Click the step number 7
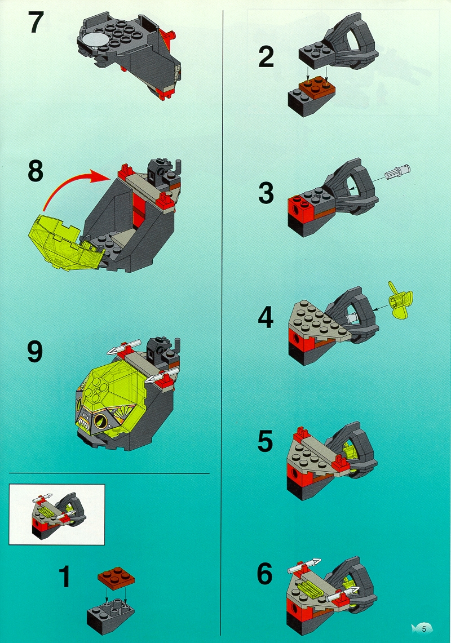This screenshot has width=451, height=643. click(x=36, y=22)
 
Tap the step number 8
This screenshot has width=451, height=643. click(x=36, y=171)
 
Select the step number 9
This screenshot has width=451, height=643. click(x=35, y=352)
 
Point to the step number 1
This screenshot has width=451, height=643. click(x=64, y=576)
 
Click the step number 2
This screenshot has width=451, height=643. click(x=266, y=56)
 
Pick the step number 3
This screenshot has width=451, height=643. click(x=266, y=193)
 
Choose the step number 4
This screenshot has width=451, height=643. click(x=266, y=317)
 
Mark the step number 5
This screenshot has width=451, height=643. click(x=265, y=441)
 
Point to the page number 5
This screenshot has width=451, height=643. click(x=424, y=628)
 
